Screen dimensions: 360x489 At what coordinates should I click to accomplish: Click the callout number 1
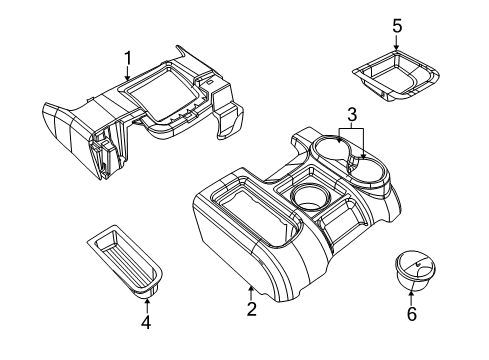click(127, 57)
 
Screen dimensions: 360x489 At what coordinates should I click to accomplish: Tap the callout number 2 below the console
click(252, 310)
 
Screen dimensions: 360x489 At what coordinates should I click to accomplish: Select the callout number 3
click(351, 114)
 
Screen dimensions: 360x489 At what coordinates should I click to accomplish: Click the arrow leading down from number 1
click(128, 72)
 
